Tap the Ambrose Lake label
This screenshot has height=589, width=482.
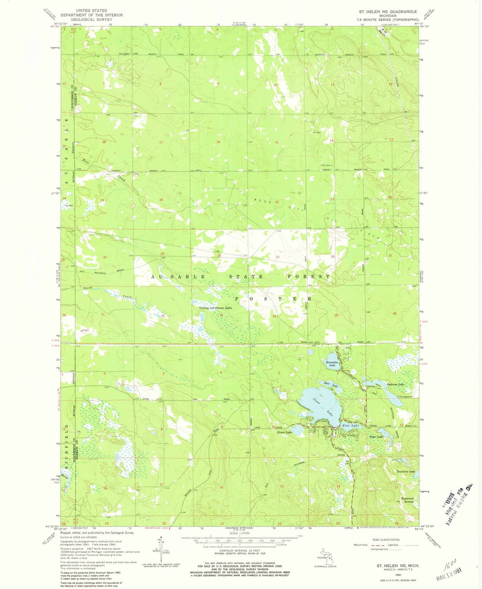coord(395,384)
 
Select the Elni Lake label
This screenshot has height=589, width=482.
coord(350,426)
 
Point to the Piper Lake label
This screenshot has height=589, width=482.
coord(375,437)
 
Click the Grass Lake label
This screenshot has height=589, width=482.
coord(284,432)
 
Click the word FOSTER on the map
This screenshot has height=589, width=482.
coord(273,298)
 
